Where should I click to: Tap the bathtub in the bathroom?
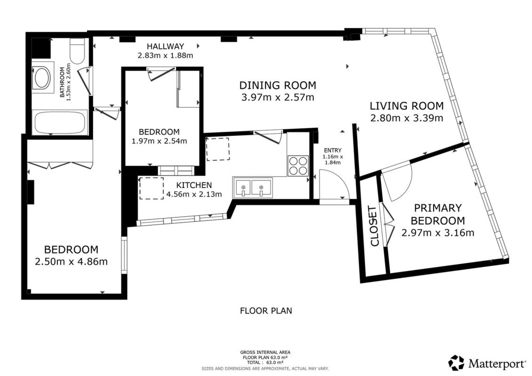60,123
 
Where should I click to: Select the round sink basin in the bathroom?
43,78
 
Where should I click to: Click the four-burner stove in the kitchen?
298,165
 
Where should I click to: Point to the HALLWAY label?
165,46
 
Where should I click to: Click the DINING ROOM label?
278,85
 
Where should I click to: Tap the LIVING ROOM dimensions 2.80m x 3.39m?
406,118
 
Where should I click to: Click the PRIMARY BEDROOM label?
437,214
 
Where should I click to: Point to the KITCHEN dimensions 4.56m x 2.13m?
194,194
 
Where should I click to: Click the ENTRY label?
333,150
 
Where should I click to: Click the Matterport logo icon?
456,363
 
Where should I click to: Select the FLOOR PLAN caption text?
266,311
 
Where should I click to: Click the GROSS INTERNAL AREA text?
265,352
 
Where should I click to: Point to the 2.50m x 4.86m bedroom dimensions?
71,262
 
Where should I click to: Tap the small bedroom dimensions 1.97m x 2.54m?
159,141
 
